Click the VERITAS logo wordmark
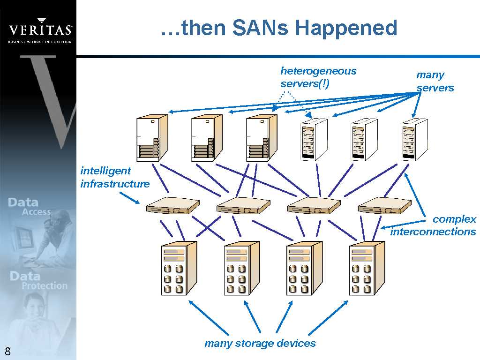tap(40, 30)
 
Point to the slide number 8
tap(7, 352)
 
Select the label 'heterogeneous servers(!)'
tap(318, 77)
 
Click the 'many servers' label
tap(435, 81)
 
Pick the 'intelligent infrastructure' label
tap(115, 177)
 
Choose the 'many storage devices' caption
tap(260, 343)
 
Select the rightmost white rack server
tap(414, 139)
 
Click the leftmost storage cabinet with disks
tap(178, 268)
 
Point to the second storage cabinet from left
tap(241, 268)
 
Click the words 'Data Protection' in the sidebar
tap(38, 280)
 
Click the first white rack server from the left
tap(314, 139)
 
